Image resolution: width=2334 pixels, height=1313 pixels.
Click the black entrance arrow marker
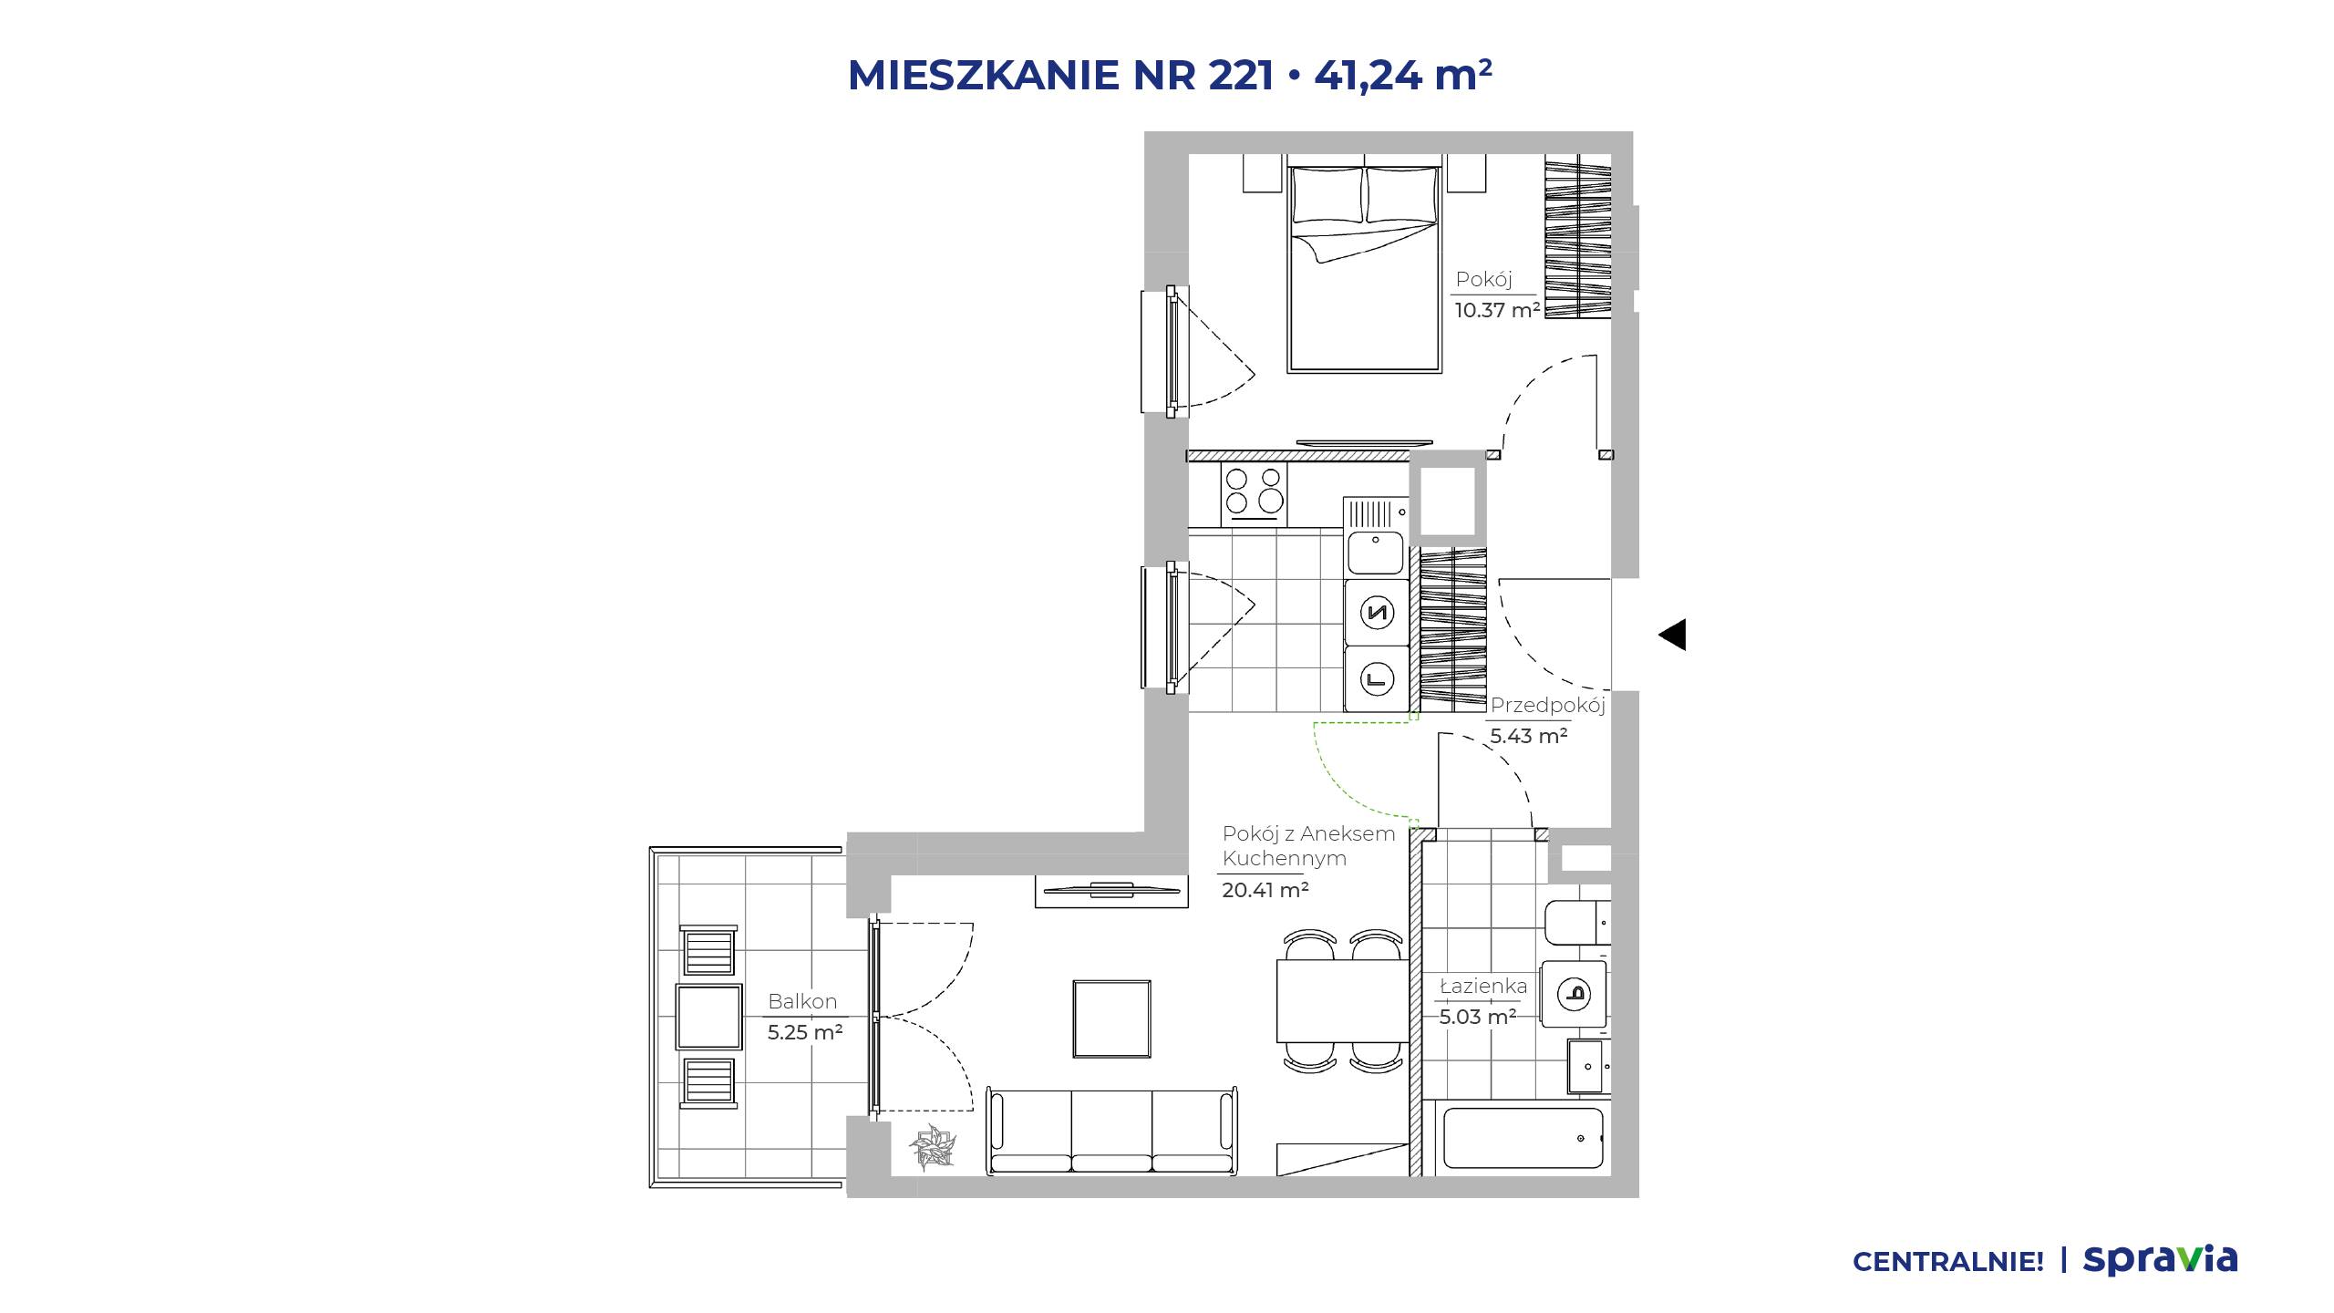(x=1672, y=635)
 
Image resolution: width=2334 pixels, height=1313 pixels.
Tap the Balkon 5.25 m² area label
(x=804, y=1017)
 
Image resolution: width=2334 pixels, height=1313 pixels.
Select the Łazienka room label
(x=1483, y=986)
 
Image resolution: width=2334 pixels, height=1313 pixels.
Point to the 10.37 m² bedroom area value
(x=1497, y=310)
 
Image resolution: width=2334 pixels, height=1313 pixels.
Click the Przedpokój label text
(x=1547, y=705)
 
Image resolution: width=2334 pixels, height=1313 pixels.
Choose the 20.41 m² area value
(x=1265, y=890)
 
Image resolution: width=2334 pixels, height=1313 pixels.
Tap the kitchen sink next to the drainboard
(x=1376, y=551)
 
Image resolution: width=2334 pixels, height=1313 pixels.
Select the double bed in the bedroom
(x=1364, y=269)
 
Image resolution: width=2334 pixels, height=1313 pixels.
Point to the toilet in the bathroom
(x=1578, y=923)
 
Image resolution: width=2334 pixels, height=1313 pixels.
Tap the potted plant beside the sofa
(x=932, y=1149)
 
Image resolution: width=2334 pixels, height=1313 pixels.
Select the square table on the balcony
(x=708, y=1017)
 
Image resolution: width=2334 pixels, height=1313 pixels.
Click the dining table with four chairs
(x=1342, y=1000)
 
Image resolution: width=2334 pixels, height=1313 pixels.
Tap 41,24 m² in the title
(x=1403, y=75)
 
